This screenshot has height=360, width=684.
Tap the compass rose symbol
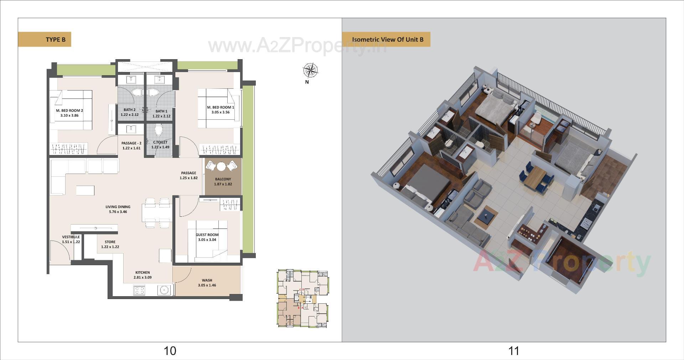[x=310, y=70]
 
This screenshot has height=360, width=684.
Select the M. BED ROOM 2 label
[x=69, y=110]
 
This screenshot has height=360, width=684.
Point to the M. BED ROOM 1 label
[x=221, y=107]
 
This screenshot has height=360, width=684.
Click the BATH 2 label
[x=129, y=110]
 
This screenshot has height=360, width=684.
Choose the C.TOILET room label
[x=160, y=142]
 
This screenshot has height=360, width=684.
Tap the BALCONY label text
[x=223, y=179]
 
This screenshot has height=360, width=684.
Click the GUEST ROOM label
[x=207, y=235]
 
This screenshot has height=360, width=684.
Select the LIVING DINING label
[x=118, y=207]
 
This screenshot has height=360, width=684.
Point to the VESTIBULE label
[x=71, y=237]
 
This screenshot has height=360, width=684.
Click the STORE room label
[x=110, y=242]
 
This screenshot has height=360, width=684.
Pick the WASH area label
[x=207, y=281]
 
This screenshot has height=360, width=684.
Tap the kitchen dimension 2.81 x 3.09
[x=142, y=277]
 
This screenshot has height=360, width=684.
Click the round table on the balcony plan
[x=221, y=167]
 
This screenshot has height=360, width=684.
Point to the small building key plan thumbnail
[x=302, y=299]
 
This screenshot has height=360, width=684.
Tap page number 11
[x=513, y=351]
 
